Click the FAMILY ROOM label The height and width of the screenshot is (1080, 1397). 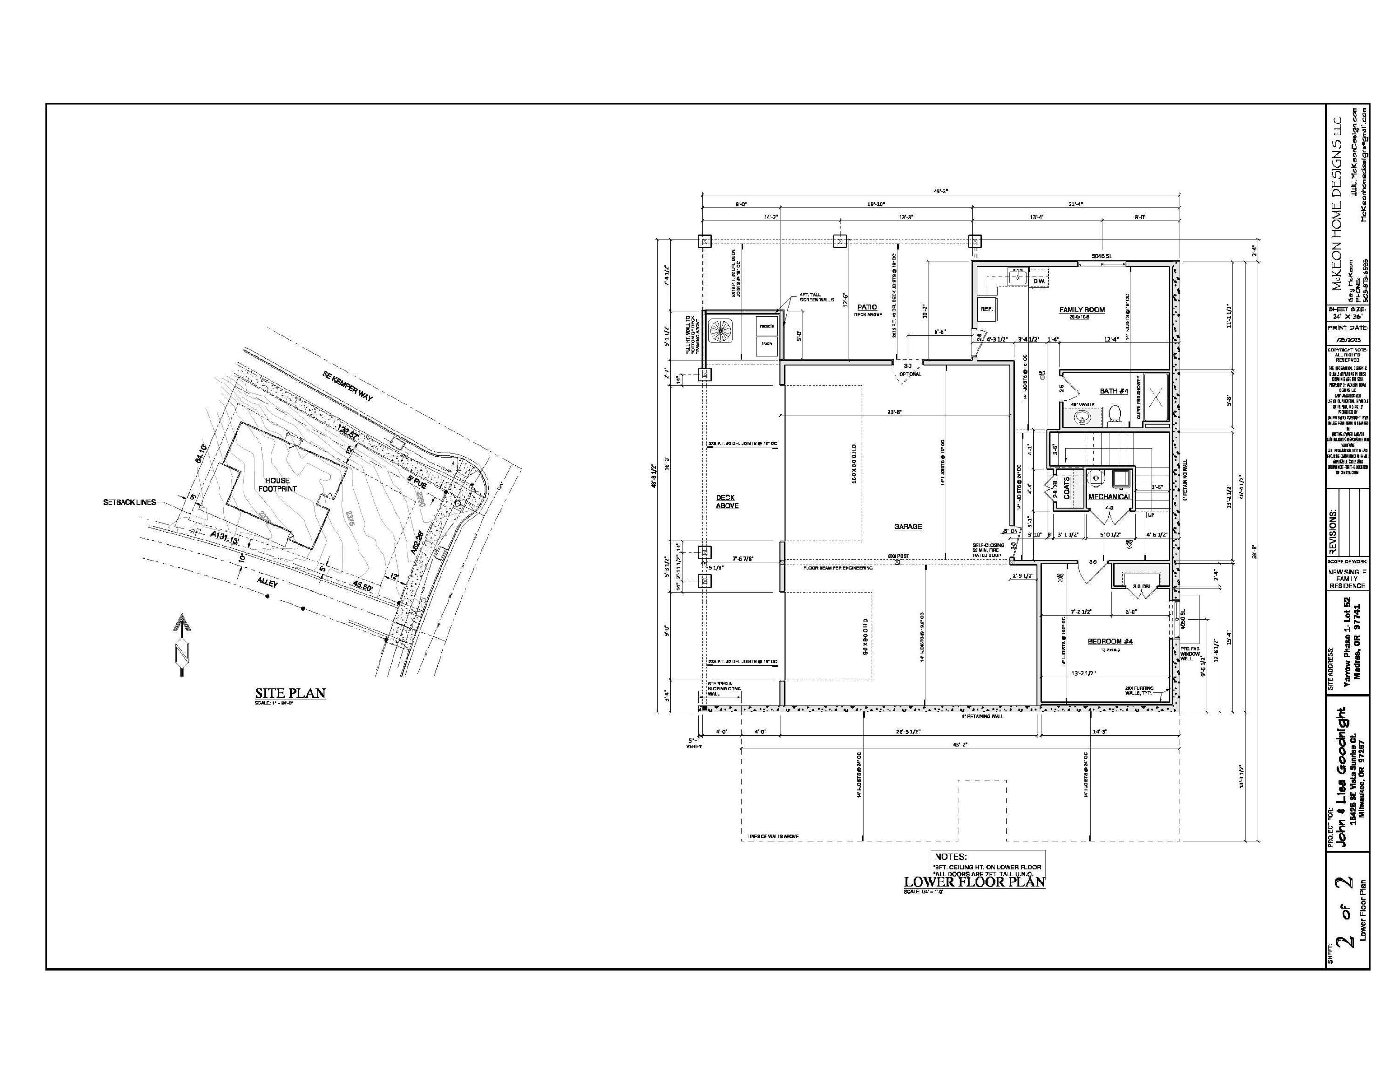pyautogui.click(x=1082, y=310)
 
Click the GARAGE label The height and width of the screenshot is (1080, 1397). pyautogui.click(x=908, y=526)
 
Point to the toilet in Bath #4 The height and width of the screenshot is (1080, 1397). pyautogui.click(x=1115, y=415)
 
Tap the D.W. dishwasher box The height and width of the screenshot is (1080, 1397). pyautogui.click(x=1039, y=281)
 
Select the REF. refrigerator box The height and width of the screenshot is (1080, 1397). pyautogui.click(x=986, y=308)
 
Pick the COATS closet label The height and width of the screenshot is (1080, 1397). pyautogui.click(x=1066, y=487)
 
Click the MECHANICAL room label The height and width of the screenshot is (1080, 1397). pyautogui.click(x=1110, y=497)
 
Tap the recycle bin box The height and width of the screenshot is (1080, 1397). pyautogui.click(x=766, y=326)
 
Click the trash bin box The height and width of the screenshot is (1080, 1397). pyautogui.click(x=766, y=343)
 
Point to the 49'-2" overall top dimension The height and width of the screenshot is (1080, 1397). pyautogui.click(x=940, y=190)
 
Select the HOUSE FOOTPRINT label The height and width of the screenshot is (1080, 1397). pyautogui.click(x=278, y=485)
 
